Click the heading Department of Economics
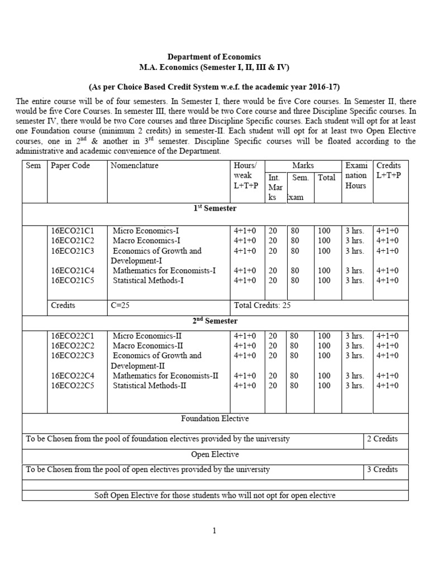tap(214, 57)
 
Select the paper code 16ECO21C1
tap(73, 231)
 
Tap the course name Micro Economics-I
tap(146, 231)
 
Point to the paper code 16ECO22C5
tap(73, 385)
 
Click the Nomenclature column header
tap(135, 165)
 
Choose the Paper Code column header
tap(70, 165)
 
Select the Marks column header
tap(303, 165)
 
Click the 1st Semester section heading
tap(215, 208)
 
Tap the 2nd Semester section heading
tap(215, 321)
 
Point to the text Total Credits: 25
tap(262, 306)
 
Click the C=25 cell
tap(122, 306)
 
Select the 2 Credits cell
tap(382, 438)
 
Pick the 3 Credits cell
tap(382, 469)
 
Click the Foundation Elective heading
tap(215, 418)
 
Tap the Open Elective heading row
tap(215, 454)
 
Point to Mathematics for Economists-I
tap(164, 270)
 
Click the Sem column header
tap(34, 165)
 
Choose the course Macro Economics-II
tap(148, 346)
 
